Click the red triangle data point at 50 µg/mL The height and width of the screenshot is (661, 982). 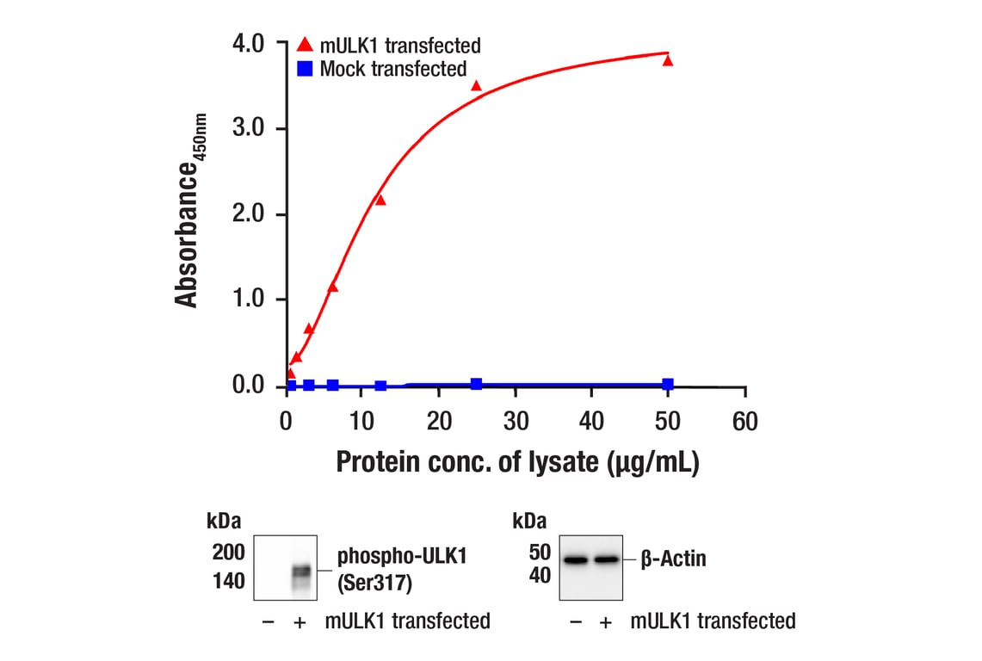click(668, 60)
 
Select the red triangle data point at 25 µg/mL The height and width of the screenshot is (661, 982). click(476, 85)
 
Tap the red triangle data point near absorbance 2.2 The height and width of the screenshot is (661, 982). click(380, 200)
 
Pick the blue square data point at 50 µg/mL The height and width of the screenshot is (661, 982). click(668, 384)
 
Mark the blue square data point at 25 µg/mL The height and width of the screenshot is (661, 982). click(476, 384)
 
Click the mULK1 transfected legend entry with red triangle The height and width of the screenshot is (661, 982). click(388, 46)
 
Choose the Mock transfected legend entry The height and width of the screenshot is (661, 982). click(382, 69)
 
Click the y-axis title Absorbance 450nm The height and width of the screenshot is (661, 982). click(191, 209)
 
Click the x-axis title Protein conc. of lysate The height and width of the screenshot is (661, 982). click(516, 462)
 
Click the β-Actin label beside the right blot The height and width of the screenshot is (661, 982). click(673, 559)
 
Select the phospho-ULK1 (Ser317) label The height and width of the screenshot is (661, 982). click(402, 569)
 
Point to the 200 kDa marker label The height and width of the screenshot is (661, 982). click(228, 552)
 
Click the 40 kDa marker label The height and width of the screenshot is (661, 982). click(539, 576)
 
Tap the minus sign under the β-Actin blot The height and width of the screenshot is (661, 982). click(576, 621)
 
